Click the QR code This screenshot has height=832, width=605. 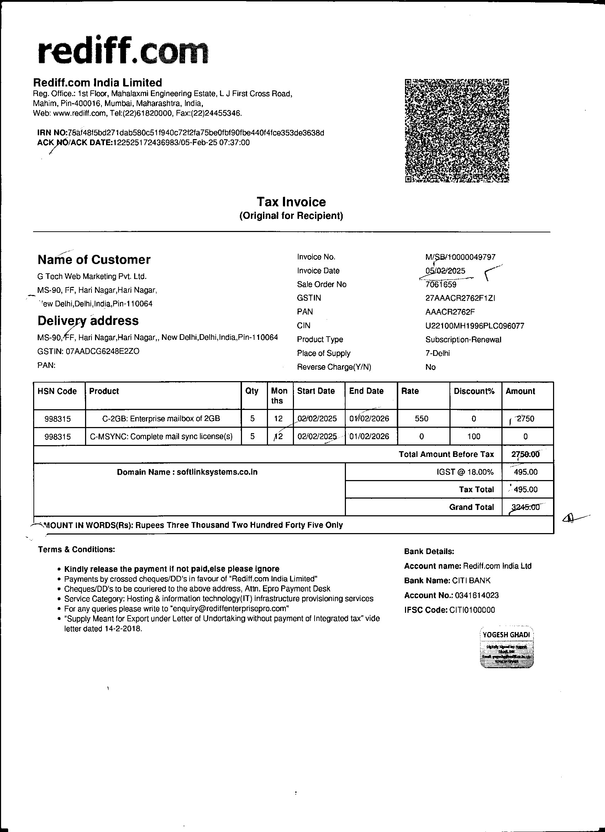click(x=457, y=131)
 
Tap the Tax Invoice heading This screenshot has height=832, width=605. click(x=291, y=202)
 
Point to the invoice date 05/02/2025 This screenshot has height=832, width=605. click(x=445, y=271)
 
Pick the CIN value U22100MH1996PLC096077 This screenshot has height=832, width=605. click(x=475, y=326)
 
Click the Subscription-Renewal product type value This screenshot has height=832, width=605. click(x=463, y=340)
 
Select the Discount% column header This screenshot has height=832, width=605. click(x=474, y=391)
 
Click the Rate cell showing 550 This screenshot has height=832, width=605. click(x=421, y=418)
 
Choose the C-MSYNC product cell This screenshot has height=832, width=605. click(x=162, y=437)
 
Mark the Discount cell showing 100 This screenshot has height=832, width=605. click(x=474, y=437)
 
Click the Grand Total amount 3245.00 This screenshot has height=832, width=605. click(x=525, y=507)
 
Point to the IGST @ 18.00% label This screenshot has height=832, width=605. click(x=465, y=472)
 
